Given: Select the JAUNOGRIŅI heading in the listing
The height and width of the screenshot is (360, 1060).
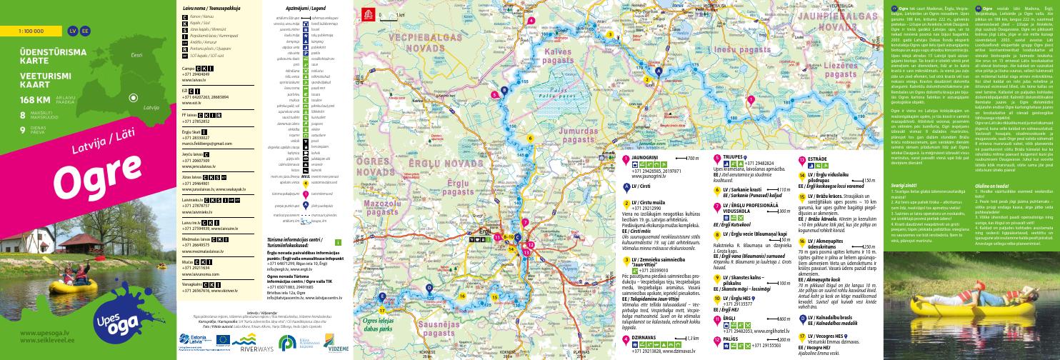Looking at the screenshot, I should (644, 177).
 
